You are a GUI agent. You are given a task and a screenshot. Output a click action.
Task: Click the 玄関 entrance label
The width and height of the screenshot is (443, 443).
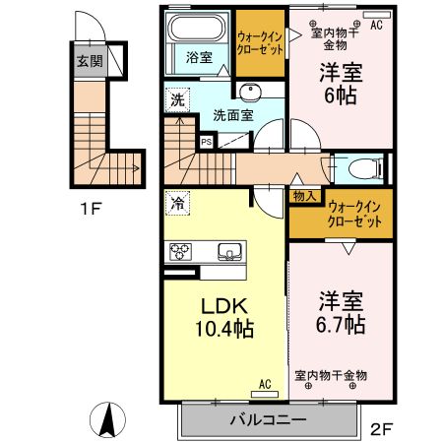click(90, 61)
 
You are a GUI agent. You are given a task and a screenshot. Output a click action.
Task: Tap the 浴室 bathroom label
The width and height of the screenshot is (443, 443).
click(200, 57)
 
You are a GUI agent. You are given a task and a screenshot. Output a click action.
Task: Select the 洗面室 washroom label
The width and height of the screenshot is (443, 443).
click(233, 114)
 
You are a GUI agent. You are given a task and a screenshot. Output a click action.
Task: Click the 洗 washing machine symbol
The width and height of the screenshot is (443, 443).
click(177, 99)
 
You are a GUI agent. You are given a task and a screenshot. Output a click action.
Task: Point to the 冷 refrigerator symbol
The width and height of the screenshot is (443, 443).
click(177, 205)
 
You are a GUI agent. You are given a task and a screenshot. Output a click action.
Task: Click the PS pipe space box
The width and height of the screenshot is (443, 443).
click(206, 141)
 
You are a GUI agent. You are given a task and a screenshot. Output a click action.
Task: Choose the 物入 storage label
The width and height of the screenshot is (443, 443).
click(303, 197)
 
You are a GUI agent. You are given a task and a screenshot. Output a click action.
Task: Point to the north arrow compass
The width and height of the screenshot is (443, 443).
click(107, 422)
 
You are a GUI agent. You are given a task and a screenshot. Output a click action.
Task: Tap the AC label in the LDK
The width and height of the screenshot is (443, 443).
click(265, 383)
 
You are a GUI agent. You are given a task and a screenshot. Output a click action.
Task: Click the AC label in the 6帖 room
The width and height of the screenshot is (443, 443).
click(376, 27)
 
